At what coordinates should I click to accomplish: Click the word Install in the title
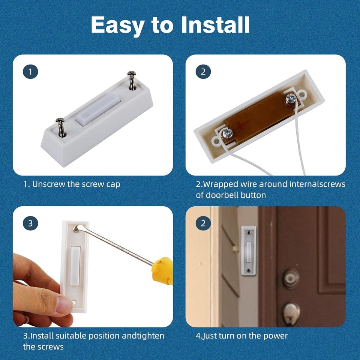tap(215, 25)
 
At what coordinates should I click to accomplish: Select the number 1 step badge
tap(30, 71)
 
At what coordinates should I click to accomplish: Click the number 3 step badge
tap(30, 223)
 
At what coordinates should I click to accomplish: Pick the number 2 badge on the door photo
tap(203, 223)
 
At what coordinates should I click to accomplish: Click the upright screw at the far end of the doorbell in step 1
tap(132, 80)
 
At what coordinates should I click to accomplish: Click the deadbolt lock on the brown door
tap(291, 278)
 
